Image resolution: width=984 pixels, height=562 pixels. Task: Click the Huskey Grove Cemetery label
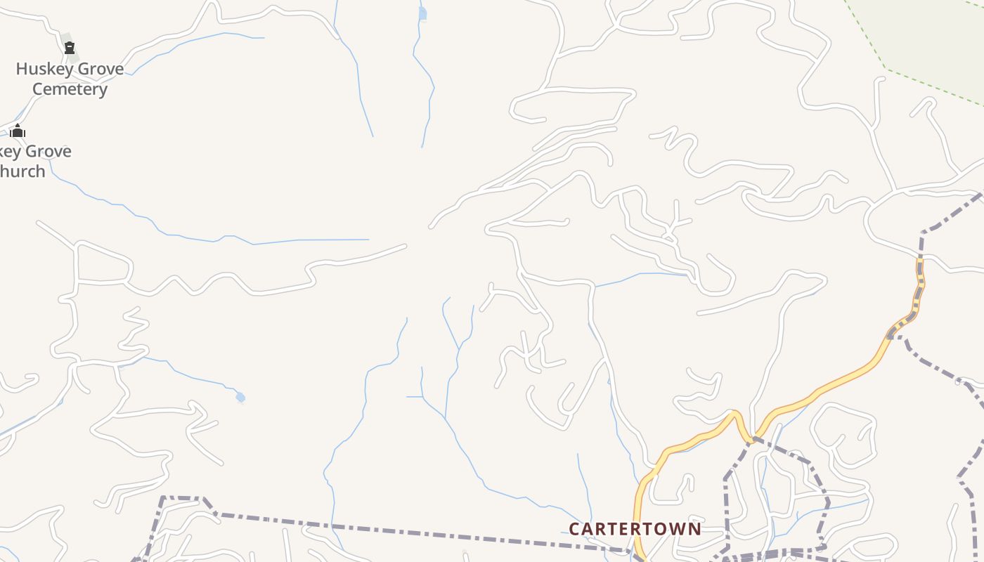(x=70, y=79)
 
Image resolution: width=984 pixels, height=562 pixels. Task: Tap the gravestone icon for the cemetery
(x=70, y=48)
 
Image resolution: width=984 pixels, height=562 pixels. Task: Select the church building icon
(x=18, y=131)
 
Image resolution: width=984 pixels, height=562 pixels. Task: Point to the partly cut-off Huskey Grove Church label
(x=32, y=161)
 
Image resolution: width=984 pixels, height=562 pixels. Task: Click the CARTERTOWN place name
(x=635, y=528)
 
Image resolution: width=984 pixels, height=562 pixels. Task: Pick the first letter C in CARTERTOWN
(x=574, y=528)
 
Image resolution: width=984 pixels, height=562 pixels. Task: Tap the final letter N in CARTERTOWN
(x=694, y=528)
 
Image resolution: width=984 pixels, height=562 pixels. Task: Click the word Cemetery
(x=70, y=89)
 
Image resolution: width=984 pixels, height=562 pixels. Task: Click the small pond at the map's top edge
(x=422, y=13)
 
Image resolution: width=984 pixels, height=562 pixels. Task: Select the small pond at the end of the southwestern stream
(x=240, y=398)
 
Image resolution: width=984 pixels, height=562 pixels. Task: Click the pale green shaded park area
(x=935, y=35)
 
